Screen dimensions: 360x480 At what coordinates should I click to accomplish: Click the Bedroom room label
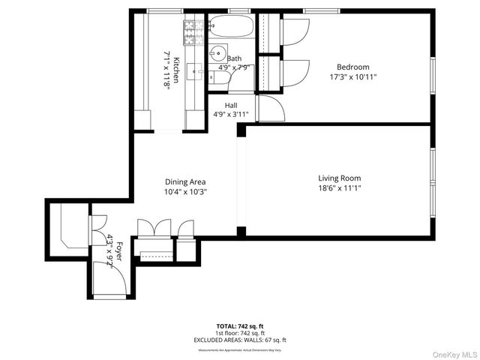click(353, 67)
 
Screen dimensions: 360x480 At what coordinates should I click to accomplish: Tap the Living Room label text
click(339, 178)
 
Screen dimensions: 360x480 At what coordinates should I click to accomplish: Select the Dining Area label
click(185, 181)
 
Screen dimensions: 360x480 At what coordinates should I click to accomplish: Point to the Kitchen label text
click(176, 69)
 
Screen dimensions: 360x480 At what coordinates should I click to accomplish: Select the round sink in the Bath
click(217, 53)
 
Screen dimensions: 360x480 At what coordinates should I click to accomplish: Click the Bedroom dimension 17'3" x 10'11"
click(353, 76)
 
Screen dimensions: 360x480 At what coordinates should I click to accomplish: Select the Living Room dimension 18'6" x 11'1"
click(339, 188)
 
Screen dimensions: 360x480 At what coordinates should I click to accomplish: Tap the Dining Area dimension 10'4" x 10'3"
click(185, 191)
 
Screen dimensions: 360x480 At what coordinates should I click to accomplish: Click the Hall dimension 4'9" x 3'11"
click(231, 115)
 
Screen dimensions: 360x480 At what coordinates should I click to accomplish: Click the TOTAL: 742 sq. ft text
click(239, 326)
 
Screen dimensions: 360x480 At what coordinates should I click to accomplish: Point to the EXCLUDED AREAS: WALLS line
click(239, 340)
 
